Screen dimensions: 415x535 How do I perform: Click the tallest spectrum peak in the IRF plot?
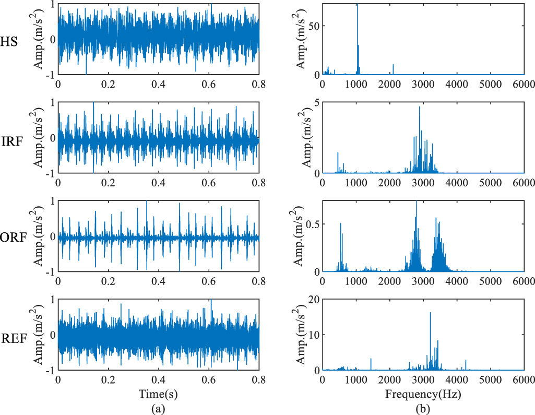[419, 107]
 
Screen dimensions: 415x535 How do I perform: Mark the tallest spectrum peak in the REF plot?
[430, 313]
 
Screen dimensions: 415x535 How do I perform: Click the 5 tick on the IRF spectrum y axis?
[316, 102]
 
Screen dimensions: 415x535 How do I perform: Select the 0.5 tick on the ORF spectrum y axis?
[311, 224]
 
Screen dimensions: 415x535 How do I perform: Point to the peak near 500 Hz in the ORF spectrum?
[341, 224]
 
